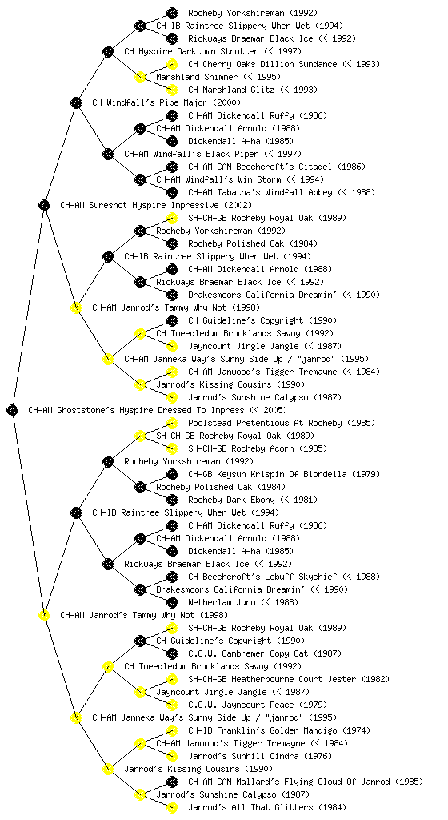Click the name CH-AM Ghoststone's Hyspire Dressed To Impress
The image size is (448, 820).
click(136, 411)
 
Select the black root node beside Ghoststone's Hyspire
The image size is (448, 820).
click(13, 410)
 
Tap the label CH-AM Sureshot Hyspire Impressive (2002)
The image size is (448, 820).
click(156, 206)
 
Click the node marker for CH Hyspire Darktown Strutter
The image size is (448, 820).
click(108, 51)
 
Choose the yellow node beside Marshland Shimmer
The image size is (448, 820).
click(140, 77)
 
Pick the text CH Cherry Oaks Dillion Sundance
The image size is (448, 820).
click(262, 64)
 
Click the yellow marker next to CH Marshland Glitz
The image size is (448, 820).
click(172, 90)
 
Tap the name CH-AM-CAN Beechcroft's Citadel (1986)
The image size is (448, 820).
click(277, 167)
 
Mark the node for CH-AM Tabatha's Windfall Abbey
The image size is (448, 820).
click(172, 192)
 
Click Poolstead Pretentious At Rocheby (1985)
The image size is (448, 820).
click(274, 423)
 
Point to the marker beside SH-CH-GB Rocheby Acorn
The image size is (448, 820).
click(172, 448)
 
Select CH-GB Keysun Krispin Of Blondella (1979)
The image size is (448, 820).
click(284, 474)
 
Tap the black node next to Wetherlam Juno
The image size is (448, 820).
click(172, 602)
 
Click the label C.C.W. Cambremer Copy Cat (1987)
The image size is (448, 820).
click(265, 653)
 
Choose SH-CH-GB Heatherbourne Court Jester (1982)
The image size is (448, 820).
click(289, 679)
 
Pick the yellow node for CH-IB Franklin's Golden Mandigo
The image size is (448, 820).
click(172, 730)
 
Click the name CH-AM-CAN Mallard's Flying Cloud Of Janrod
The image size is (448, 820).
click(289, 782)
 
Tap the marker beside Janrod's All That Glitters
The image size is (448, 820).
click(172, 807)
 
